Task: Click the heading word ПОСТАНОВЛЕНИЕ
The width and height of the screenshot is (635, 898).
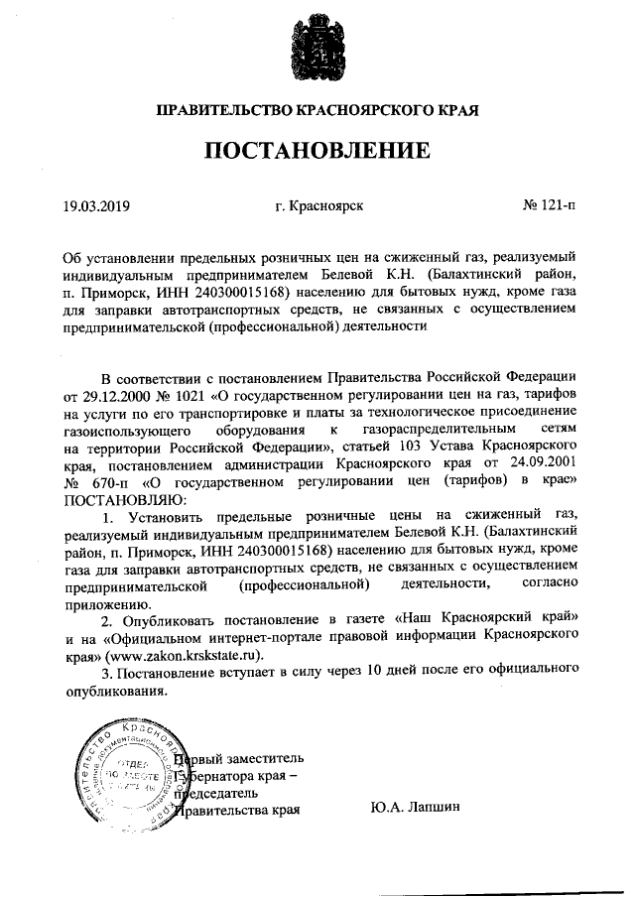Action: pos(317,151)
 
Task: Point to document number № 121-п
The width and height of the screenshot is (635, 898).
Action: pos(548,207)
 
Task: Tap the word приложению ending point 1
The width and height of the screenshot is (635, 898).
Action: pos(100,602)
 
